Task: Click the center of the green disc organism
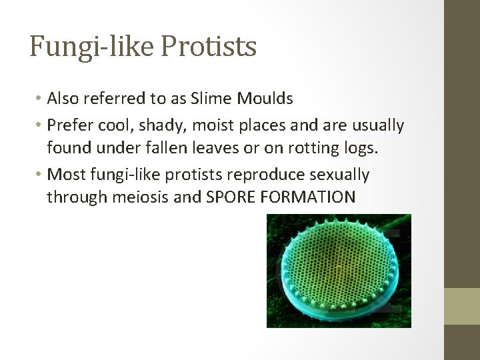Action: (339, 270)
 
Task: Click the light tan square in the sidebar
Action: (462, 306)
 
